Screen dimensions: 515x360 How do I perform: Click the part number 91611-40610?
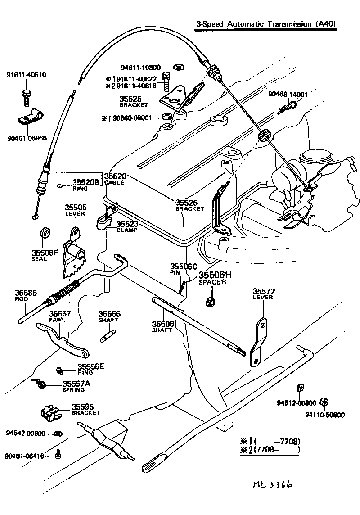coord(26,75)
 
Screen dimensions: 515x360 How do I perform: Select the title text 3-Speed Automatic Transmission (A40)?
coord(266,24)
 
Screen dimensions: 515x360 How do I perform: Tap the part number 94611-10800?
coord(140,68)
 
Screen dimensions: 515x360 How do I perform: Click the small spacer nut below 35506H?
coord(209,301)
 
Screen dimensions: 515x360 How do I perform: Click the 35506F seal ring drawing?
coord(45,233)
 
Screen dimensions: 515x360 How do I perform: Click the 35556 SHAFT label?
coord(108,316)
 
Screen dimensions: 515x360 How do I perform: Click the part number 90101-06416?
coord(25,456)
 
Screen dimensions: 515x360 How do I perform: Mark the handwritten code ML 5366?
coord(272,484)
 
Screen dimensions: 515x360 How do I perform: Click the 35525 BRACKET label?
coord(133,101)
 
